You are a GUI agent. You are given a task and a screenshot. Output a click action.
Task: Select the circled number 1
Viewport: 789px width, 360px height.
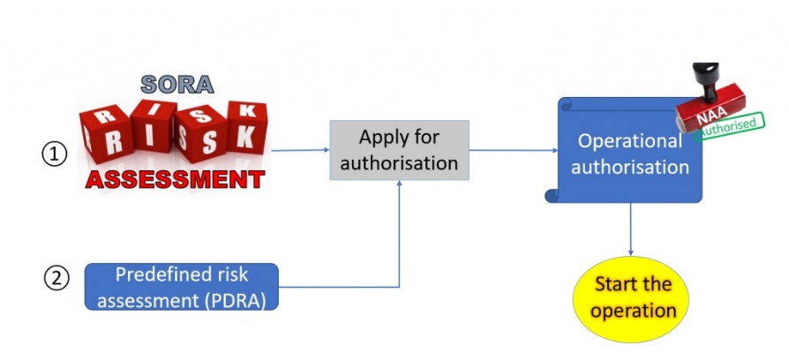click(x=55, y=154)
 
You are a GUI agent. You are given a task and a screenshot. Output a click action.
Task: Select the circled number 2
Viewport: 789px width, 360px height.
click(x=55, y=278)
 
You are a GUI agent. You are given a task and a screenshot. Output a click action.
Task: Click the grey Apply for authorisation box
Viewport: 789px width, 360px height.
click(x=399, y=150)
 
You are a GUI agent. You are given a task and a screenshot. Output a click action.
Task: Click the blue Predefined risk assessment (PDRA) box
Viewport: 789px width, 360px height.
click(x=181, y=287)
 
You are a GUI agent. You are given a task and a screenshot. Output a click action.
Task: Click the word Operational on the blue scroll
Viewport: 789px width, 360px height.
click(x=629, y=141)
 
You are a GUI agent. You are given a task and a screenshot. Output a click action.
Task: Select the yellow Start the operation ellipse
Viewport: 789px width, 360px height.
click(x=634, y=298)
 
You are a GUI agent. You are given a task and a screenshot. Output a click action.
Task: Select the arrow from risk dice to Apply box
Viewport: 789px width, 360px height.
click(x=300, y=150)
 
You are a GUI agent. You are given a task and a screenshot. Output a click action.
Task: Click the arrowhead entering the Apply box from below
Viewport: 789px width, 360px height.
click(x=400, y=184)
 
